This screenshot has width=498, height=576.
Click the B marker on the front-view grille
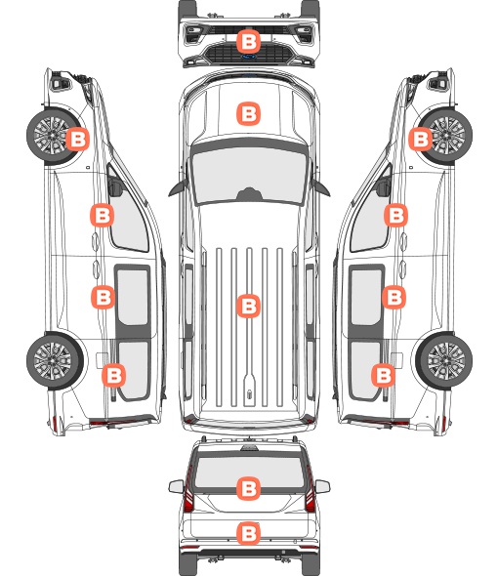(x=248, y=42)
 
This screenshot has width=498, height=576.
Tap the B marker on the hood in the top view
(x=248, y=113)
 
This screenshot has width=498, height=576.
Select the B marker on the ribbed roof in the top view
(x=248, y=306)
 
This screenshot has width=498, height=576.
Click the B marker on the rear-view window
(x=248, y=488)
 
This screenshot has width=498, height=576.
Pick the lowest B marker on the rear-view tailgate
(x=248, y=533)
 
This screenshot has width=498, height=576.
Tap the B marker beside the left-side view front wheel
(x=77, y=139)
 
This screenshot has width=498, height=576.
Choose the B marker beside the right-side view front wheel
(x=421, y=139)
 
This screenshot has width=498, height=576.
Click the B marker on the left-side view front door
(x=102, y=215)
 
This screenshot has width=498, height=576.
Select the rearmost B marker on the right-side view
(x=383, y=375)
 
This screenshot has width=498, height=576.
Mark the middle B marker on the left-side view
(x=103, y=297)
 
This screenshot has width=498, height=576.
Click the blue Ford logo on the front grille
(x=249, y=57)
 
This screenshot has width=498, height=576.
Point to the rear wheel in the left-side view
(x=55, y=360)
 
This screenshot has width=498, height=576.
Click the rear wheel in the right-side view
(x=444, y=360)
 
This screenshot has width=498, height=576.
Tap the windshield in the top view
(x=249, y=176)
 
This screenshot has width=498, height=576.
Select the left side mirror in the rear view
(x=176, y=486)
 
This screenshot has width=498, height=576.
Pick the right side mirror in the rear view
(x=322, y=486)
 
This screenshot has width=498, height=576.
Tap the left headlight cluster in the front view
(x=192, y=34)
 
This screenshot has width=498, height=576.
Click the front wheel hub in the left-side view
(x=51, y=135)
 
